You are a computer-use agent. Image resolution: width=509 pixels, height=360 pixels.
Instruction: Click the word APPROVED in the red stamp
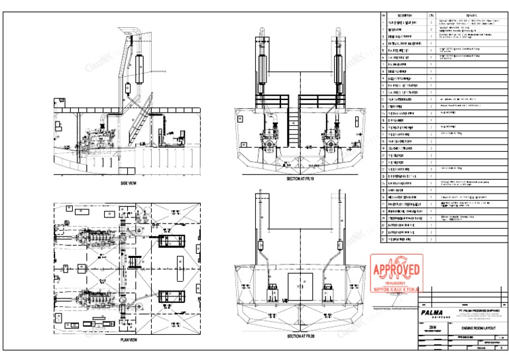pos(397,270)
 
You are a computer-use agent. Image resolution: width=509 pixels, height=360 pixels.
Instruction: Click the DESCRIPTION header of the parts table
pos(406,15)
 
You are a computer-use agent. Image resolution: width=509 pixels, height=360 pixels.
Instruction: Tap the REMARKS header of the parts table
pos(472,15)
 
